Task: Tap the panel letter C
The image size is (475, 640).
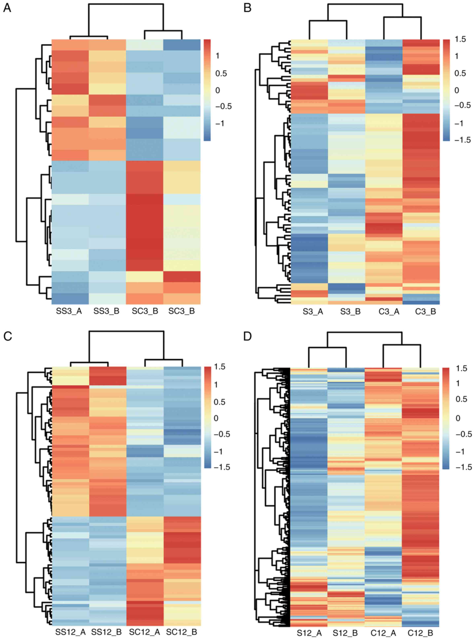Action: tap(7, 336)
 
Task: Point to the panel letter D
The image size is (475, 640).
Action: tap(248, 336)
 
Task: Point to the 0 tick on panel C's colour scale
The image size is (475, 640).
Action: tap(216, 418)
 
